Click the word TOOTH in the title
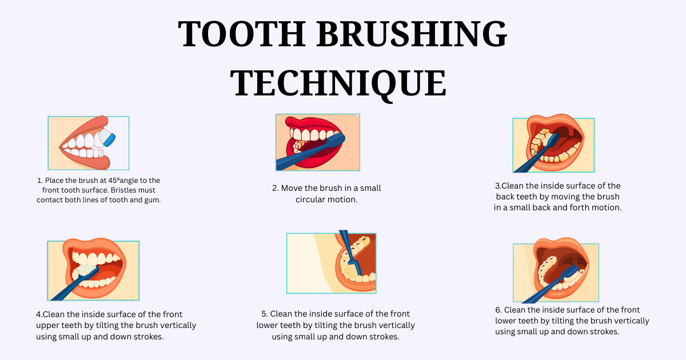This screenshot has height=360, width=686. pos(242,33)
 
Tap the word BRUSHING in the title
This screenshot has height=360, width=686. pos(412,33)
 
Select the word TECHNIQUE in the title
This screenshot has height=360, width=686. pos(338,83)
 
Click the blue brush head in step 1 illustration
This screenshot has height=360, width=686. pos(109,139)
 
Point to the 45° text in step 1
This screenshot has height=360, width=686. pos(114,181)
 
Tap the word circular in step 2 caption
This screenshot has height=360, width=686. pos(310,199)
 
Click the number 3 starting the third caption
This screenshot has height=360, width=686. pos(497,186)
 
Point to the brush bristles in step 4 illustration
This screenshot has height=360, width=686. pos(87,270)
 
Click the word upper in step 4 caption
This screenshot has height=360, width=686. pos(47,326)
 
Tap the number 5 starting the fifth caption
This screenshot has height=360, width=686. pos(264,314)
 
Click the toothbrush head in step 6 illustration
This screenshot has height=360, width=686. pos(572,271)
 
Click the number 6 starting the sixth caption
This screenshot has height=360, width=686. pos(498,310)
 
